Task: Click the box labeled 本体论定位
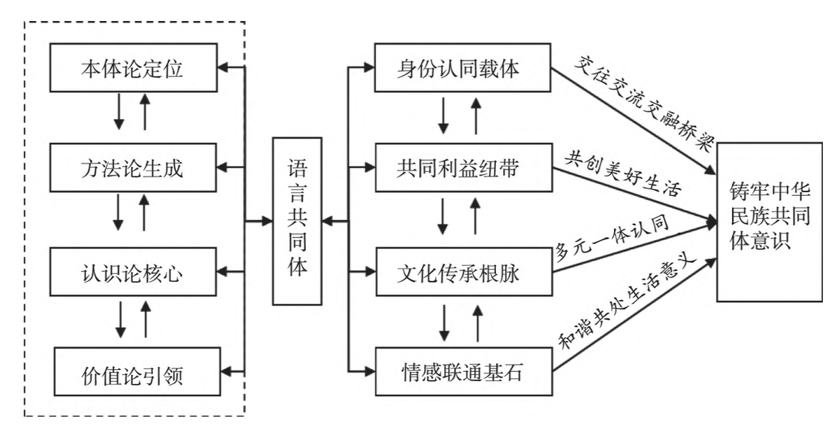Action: pyautogui.click(x=133, y=69)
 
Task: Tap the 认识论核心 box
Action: pyautogui.click(x=133, y=272)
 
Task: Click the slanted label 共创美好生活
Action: pyautogui.click(x=626, y=173)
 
